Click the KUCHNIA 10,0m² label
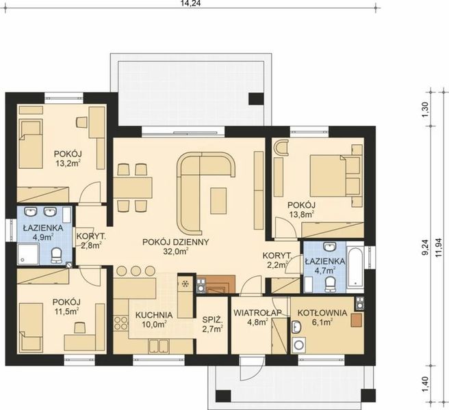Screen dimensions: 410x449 tap(153, 319)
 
